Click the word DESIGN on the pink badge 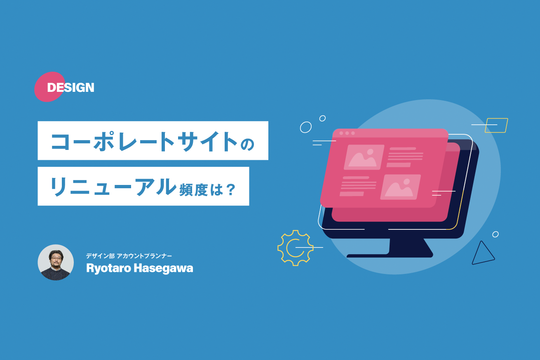click(70, 87)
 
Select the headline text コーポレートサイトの click(153, 140)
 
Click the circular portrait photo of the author click(56, 262)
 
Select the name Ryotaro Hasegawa click(139, 268)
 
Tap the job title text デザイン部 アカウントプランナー click(129, 256)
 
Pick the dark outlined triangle click(482, 253)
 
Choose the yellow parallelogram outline click(496, 125)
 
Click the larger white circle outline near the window click(306, 127)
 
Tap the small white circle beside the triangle click(495, 234)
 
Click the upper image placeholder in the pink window click(364, 157)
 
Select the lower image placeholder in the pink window click(400, 187)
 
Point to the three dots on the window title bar click(347, 133)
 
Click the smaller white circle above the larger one click(322, 118)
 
